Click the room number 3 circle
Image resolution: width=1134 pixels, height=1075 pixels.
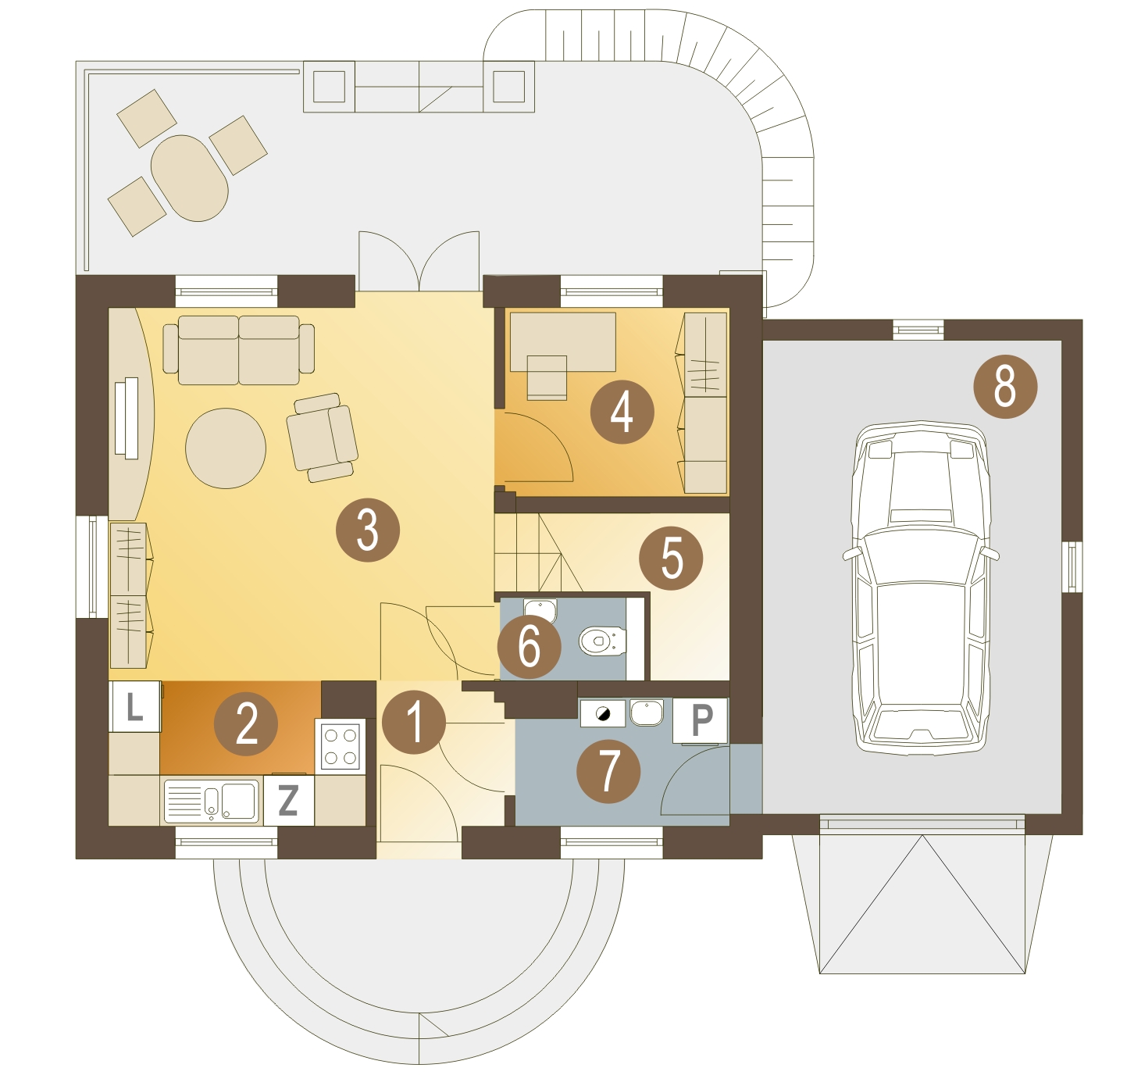(367, 530)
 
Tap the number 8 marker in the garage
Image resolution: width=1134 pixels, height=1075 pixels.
(1005, 386)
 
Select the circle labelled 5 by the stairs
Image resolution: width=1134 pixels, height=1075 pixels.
(670, 557)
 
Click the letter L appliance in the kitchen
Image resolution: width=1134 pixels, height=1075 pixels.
(134, 707)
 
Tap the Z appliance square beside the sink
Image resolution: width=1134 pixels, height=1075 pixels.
(288, 800)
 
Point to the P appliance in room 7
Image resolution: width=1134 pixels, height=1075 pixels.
(701, 720)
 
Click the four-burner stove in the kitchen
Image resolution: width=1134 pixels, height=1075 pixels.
(340, 747)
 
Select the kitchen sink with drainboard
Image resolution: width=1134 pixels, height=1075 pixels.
(211, 800)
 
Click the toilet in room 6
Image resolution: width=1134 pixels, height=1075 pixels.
(601, 641)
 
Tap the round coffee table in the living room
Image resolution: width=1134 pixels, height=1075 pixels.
(226, 448)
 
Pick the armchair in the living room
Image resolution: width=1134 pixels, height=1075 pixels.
(322, 437)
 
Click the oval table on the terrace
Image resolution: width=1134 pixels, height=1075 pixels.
(189, 177)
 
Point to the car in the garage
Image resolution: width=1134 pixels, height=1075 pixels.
(921, 587)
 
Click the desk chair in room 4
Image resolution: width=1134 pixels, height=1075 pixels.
(547, 377)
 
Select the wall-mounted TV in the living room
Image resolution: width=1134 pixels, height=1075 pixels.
(127, 418)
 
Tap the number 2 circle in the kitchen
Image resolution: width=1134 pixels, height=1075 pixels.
(246, 723)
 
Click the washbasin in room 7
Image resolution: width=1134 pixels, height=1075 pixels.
(646, 712)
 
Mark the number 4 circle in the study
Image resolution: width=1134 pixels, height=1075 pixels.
(622, 412)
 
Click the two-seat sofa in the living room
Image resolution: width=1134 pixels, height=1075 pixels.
(239, 350)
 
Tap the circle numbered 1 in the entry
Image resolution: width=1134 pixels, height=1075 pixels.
(414, 721)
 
